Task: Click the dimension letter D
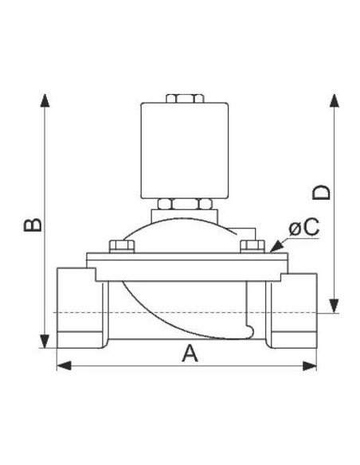[x=320, y=193]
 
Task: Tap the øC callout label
[x=303, y=229]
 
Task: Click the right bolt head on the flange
[x=253, y=245]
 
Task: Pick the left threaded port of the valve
[x=77, y=311]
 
